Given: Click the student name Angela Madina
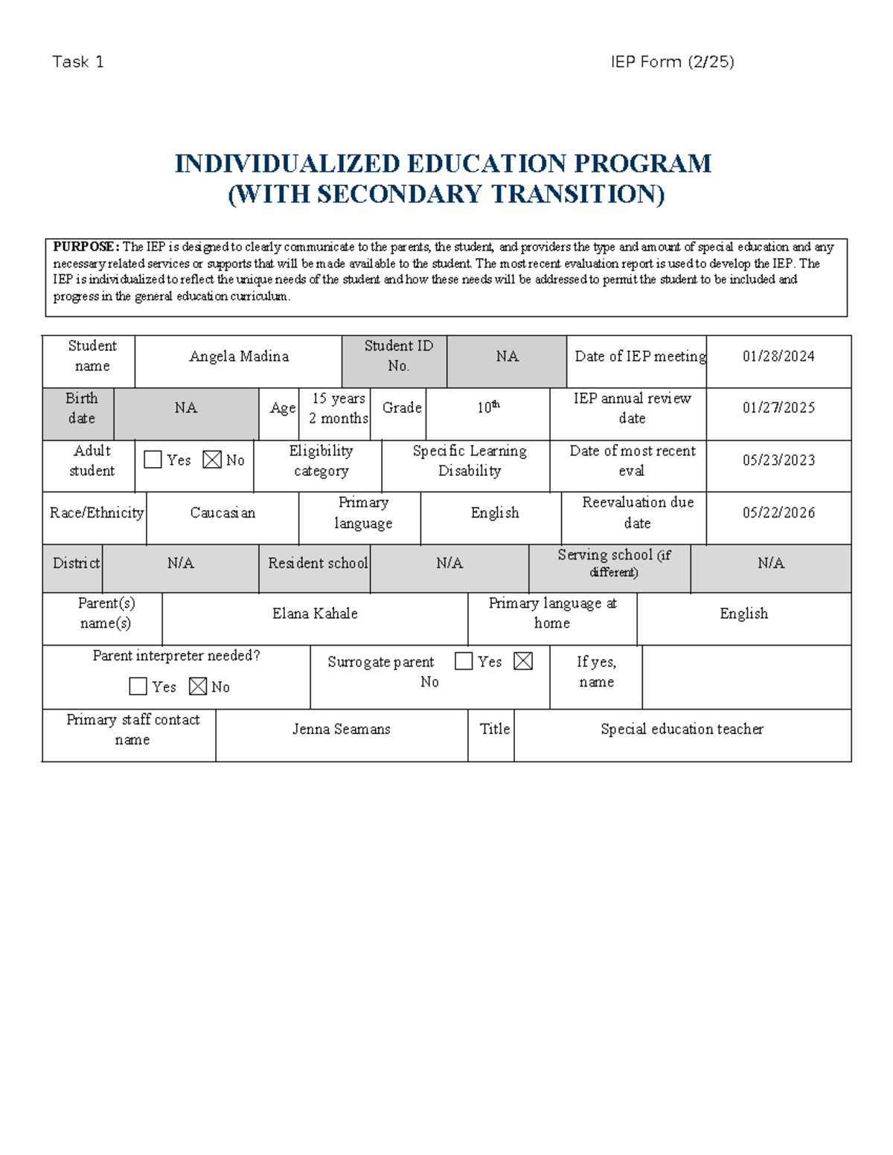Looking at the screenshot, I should (239, 357).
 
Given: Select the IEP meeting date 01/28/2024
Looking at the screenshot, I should (778, 357).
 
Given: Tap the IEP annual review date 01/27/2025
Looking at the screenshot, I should (778, 408).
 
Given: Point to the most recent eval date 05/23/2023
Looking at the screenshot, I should (778, 460).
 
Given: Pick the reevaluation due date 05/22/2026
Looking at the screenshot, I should (778, 513).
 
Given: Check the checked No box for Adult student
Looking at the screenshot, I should (212, 460).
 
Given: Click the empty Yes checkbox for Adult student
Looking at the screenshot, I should (153, 460).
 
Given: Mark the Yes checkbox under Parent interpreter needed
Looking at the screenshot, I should (138, 686).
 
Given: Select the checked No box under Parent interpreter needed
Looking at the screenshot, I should (198, 686).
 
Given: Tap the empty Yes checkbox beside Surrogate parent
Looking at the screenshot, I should (464, 661).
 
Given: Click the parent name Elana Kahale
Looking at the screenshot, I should (315, 614).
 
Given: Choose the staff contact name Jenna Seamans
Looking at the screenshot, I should (341, 730).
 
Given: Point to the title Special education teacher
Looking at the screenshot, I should (682, 730).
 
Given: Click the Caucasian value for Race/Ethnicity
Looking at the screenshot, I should (223, 513).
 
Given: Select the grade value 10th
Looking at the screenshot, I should (488, 408).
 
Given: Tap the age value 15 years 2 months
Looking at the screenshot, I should (339, 408).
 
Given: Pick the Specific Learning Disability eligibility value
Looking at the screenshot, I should (470, 461).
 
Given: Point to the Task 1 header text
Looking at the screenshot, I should (78, 62).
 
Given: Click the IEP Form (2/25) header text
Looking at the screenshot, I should (672, 62).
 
